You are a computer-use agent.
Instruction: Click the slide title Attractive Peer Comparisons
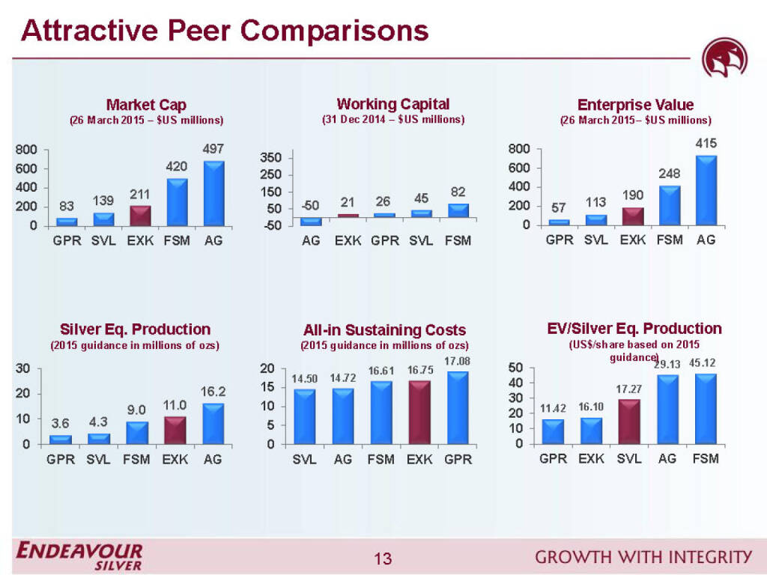click(225, 31)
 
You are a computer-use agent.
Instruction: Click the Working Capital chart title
click(392, 104)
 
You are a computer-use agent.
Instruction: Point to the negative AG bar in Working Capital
click(310, 221)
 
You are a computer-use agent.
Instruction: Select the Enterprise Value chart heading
click(635, 105)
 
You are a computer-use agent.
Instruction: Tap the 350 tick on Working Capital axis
click(271, 158)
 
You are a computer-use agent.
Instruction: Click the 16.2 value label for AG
click(213, 392)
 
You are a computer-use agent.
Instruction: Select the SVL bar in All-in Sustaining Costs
click(305, 416)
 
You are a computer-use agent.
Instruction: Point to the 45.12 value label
click(705, 363)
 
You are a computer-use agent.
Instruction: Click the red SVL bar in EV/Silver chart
click(629, 421)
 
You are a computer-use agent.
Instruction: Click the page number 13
click(383, 559)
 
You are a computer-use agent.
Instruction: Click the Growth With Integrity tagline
click(643, 556)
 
